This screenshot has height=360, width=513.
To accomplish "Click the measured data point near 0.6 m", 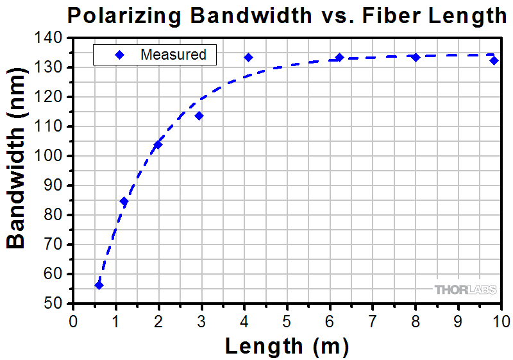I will tap(99, 285).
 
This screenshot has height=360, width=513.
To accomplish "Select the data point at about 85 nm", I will tap(124, 201).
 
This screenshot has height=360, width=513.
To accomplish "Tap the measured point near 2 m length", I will tap(158, 144).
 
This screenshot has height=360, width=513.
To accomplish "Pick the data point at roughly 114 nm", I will tap(199, 116).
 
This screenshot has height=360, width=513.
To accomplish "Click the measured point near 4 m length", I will tap(248, 57).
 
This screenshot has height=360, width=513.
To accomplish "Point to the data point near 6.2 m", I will tap(339, 57).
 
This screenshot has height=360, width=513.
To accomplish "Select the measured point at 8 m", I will tap(416, 57).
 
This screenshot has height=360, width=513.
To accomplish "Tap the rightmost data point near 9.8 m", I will tap(494, 60).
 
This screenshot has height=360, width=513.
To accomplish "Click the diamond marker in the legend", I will tap(119, 55).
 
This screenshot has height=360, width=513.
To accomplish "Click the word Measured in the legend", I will tap(173, 55).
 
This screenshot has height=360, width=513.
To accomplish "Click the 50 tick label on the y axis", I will tap(54, 304).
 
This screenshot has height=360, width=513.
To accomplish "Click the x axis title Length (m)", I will tap(287, 346).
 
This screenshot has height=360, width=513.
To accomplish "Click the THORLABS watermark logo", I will tap(466, 290).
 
